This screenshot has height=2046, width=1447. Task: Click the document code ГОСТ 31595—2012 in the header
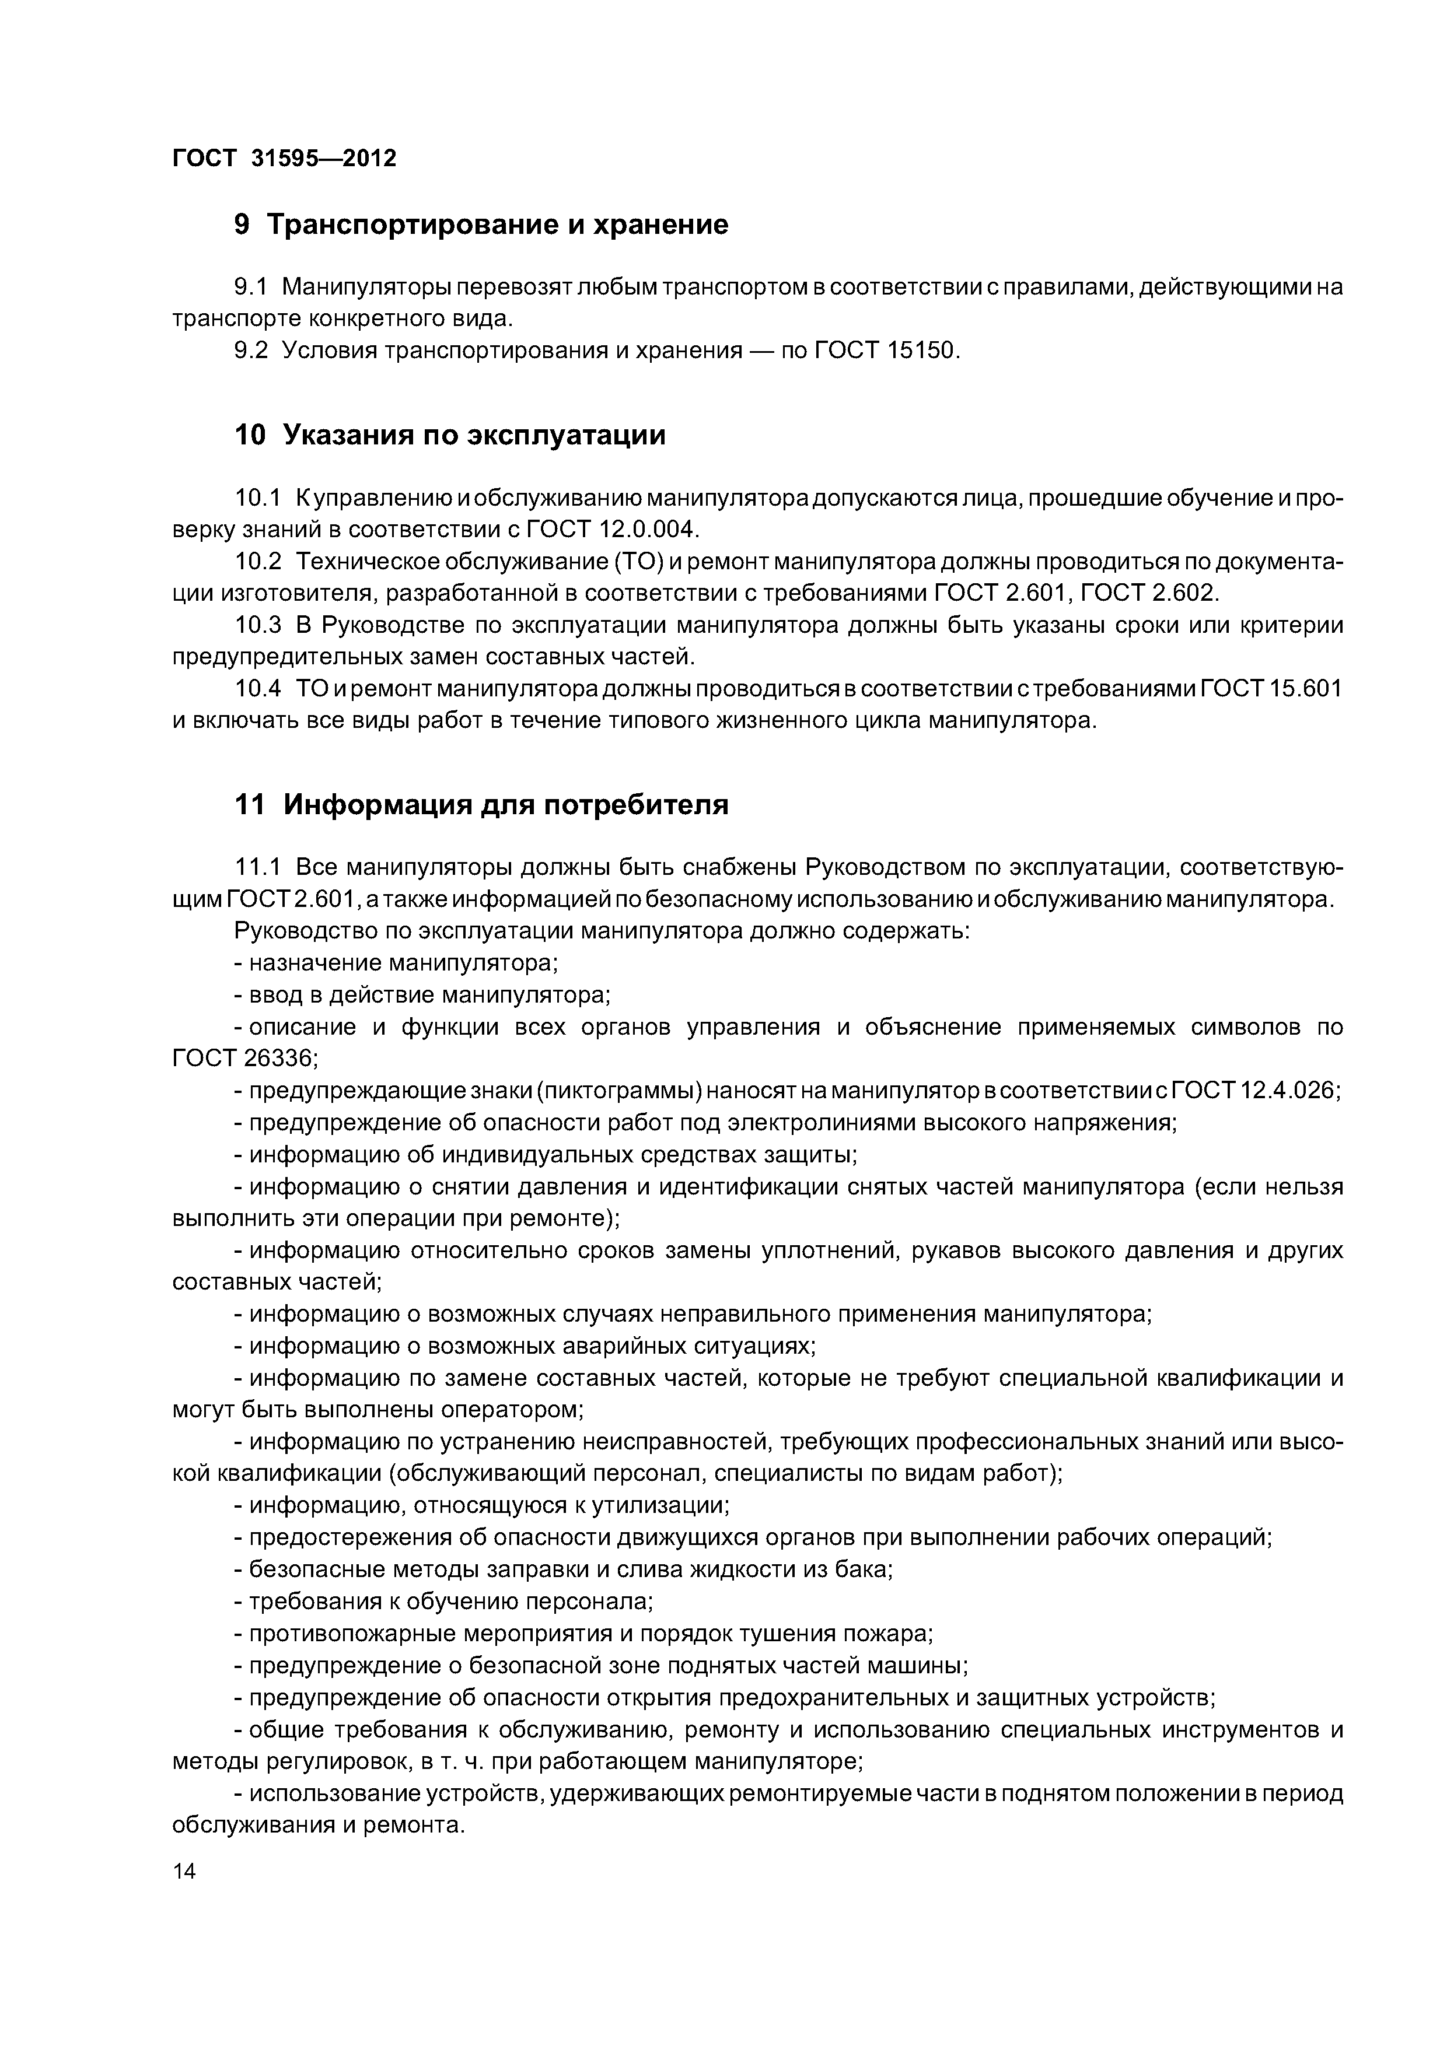point(284,159)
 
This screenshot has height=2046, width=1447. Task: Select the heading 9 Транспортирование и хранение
point(481,225)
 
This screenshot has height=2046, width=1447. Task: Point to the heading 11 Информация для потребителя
point(481,805)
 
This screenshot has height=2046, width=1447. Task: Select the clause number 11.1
point(258,867)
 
